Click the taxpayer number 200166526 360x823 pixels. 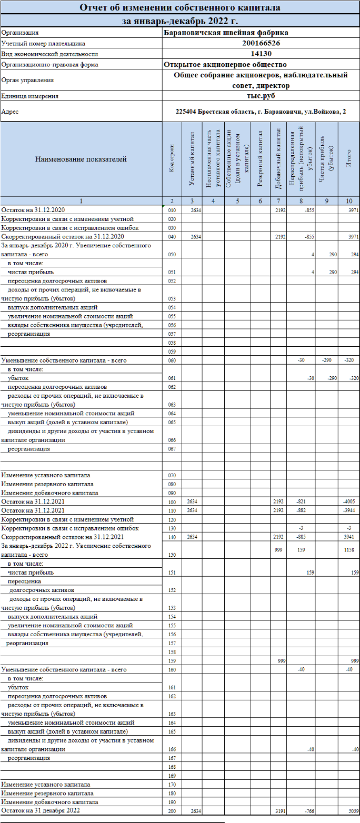pyautogui.click(x=261, y=43)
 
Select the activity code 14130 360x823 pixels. pyautogui.click(x=261, y=54)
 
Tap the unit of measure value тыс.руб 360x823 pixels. pyautogui.click(x=261, y=96)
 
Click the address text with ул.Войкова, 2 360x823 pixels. pyautogui.click(x=261, y=112)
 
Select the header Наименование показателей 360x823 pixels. pyautogui.click(x=81, y=159)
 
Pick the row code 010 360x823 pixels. pyautogui.click(x=172, y=210)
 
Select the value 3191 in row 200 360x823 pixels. pyautogui.click(x=279, y=811)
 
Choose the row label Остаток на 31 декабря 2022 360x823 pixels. pyautogui.click(x=41, y=811)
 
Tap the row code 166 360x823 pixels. pyautogui.click(x=172, y=749)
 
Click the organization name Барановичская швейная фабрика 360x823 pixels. pyautogui.click(x=225, y=33)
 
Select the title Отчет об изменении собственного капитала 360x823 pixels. pyautogui.click(x=180, y=8)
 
